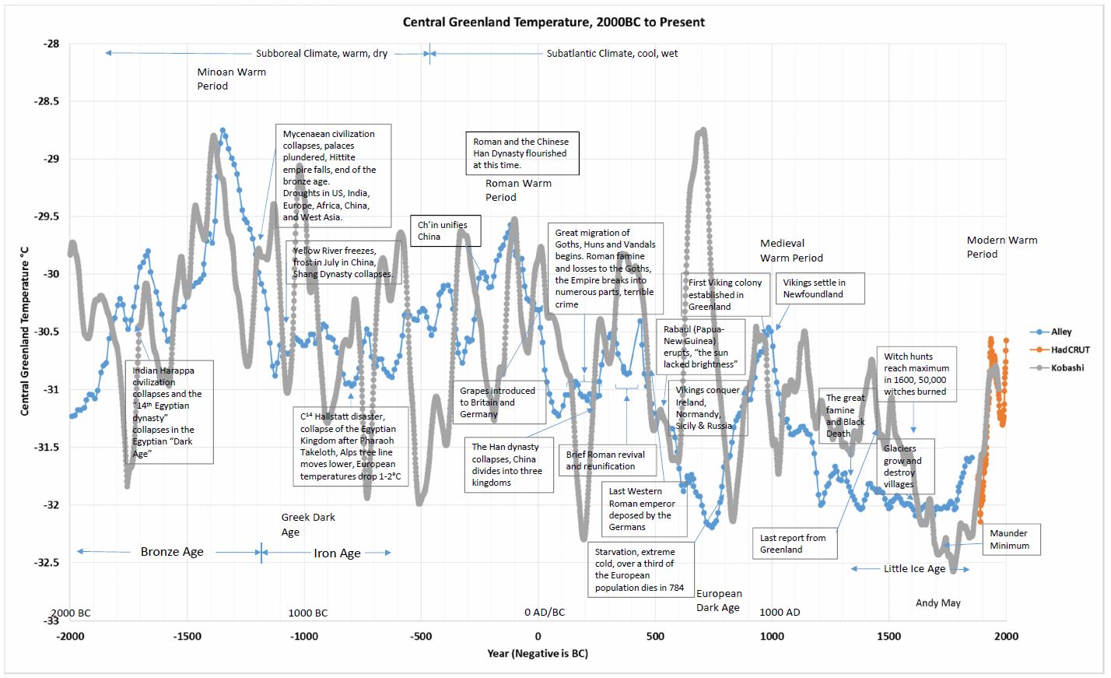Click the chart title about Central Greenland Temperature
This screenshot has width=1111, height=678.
[x=553, y=22]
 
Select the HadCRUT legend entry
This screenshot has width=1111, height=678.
[x=1070, y=350]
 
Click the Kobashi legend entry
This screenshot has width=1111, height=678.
[x=1067, y=367]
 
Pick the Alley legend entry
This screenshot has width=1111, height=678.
[x=1061, y=332]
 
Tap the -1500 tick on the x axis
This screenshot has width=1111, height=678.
[x=188, y=636]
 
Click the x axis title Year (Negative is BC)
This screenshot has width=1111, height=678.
[x=538, y=653]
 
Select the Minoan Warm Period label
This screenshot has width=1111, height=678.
[x=231, y=79]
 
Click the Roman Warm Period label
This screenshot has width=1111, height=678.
[x=518, y=190]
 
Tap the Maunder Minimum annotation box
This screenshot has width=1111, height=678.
[x=1009, y=539]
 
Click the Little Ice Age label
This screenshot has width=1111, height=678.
[x=914, y=569]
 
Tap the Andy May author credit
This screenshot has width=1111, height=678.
[x=938, y=602]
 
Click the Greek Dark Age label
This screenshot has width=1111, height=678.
[x=307, y=525]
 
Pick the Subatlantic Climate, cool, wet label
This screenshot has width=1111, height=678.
[x=612, y=54]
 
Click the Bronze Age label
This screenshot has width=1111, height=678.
[x=172, y=552]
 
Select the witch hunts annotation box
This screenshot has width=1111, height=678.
[x=915, y=374]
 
